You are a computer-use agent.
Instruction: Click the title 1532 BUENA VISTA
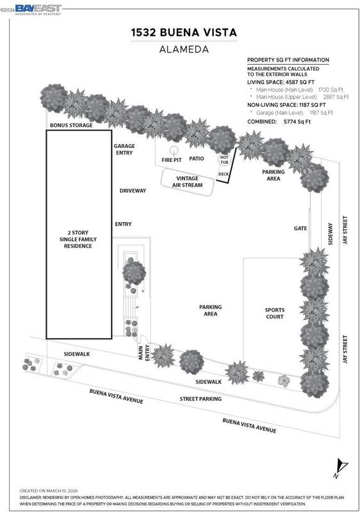(x=184, y=33)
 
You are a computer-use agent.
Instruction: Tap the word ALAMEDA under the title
(x=184, y=49)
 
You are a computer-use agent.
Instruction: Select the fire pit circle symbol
(x=174, y=150)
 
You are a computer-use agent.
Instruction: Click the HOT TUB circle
(x=224, y=160)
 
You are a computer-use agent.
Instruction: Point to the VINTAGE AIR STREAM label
(x=188, y=182)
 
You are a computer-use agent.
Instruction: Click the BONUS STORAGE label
(x=71, y=125)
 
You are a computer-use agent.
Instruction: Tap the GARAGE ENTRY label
(x=124, y=149)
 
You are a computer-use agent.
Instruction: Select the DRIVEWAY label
(x=133, y=191)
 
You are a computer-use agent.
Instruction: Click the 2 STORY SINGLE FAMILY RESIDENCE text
(x=78, y=239)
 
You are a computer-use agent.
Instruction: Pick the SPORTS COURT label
(x=275, y=313)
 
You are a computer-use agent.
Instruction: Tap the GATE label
(x=300, y=228)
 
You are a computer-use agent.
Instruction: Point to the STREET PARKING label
(x=200, y=399)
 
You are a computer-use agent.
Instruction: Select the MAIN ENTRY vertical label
(x=143, y=353)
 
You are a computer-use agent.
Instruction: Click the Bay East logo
(x=38, y=10)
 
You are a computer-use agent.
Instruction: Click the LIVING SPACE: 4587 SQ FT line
(x=281, y=83)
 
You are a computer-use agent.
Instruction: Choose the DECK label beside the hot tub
(x=224, y=174)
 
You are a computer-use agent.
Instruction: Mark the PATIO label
(x=197, y=158)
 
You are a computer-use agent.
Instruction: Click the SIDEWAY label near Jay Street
(x=331, y=234)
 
